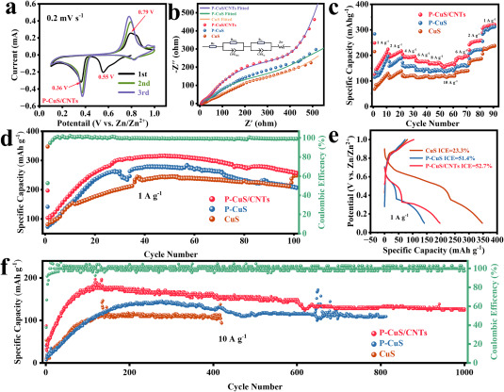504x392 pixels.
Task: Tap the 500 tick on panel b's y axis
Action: click(x=187, y=9)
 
